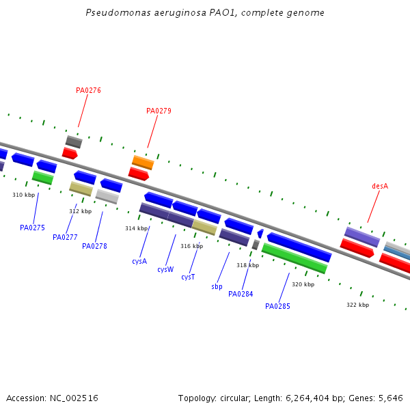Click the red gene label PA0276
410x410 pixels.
88,90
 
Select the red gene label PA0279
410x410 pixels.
159,111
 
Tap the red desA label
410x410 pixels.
380,186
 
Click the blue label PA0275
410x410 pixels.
32,228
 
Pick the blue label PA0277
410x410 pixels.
65,238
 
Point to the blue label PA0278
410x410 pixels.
94,246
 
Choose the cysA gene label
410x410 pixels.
139,261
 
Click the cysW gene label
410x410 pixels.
165,269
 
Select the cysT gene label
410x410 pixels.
188,277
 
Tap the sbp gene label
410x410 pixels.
217,287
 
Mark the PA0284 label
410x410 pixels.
241,295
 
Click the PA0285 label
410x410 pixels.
277,306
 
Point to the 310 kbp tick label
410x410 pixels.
23,195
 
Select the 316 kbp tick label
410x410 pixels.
191,246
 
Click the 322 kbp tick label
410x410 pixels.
357,305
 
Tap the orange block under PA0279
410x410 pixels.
143,163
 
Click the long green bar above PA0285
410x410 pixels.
294,258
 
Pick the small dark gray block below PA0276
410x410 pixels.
74,142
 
